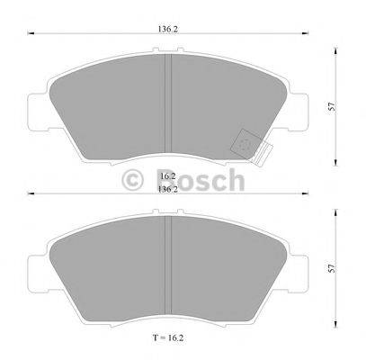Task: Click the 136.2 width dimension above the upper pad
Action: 168,27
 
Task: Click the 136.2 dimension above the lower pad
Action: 168,190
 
